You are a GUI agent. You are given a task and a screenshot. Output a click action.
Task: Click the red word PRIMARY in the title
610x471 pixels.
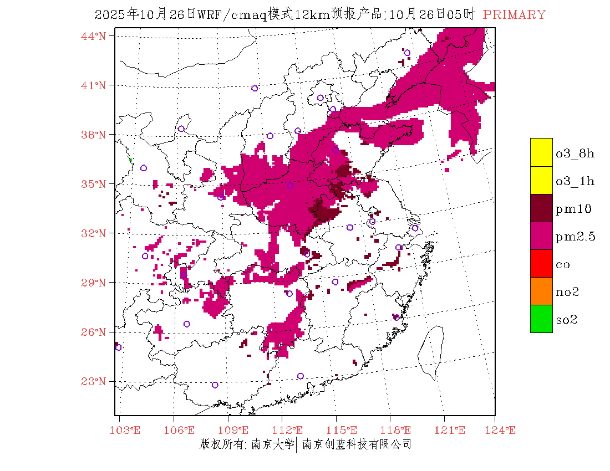[514, 15]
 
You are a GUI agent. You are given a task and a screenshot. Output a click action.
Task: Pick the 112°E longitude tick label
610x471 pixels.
[291, 431]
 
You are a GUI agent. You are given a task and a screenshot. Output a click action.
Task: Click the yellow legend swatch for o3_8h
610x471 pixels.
[541, 152]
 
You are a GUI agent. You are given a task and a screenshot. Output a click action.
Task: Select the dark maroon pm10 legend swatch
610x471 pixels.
[541, 208]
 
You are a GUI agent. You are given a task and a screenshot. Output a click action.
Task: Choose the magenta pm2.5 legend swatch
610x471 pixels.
[541, 235]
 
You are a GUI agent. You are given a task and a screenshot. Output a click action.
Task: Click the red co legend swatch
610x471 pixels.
[541, 263]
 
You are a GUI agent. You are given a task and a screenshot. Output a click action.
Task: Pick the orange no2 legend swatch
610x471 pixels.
[541, 291]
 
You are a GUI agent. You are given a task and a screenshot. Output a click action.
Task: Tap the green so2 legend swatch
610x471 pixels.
[541, 319]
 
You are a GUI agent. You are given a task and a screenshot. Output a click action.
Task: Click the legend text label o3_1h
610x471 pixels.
[575, 181]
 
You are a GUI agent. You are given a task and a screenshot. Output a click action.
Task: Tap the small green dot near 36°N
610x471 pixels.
[130, 160]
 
